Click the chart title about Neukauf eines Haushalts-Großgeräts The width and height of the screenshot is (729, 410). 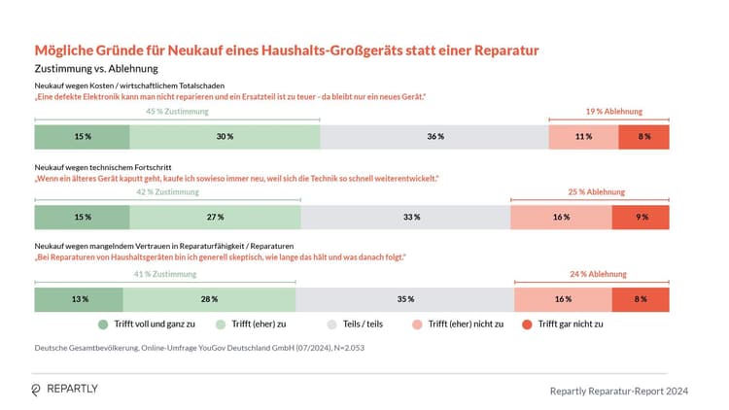tap(287, 50)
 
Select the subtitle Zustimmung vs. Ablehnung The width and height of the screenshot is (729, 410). tap(95, 69)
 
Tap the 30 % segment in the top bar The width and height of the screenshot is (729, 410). tap(225, 137)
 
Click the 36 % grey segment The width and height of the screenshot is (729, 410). tap(434, 137)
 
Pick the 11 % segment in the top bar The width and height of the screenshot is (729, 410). tap(583, 137)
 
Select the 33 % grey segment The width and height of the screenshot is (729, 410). tap(405, 218)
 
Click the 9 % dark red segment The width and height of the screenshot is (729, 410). tap(642, 218)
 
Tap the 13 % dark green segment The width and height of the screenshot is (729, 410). tap(80, 299)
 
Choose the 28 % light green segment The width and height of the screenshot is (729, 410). tap(209, 299)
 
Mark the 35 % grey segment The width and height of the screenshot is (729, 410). tap(404, 299)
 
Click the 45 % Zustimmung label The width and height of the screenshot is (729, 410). tap(176, 112)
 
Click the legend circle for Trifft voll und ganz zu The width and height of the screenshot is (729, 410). tap(104, 324)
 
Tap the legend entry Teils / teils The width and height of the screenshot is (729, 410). tap(359, 324)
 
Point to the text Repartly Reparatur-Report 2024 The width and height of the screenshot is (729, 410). tap(619, 392)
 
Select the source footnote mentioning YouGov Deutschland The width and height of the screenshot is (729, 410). tap(200, 347)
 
